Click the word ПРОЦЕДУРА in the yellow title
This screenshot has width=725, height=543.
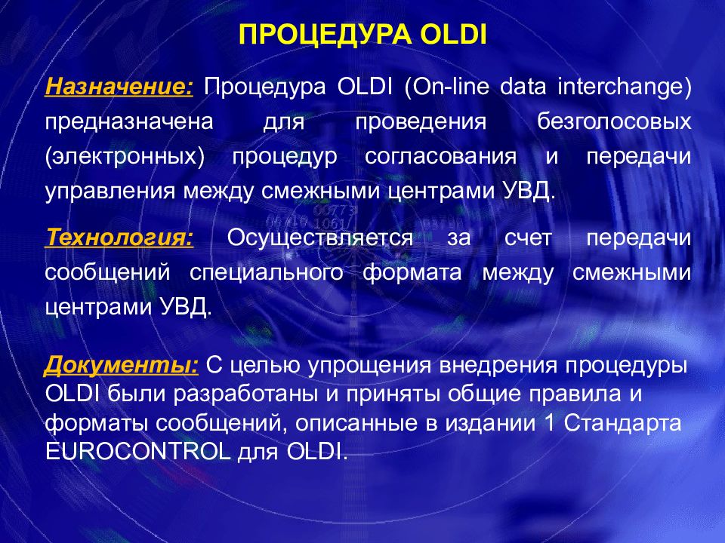pyautogui.click(x=325, y=35)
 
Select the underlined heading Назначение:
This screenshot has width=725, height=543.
pyautogui.click(x=119, y=86)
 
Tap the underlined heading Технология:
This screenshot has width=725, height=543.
pyautogui.click(x=119, y=238)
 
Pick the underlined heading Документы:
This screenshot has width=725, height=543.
pyautogui.click(x=122, y=365)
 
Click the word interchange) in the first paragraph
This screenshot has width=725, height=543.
pyautogui.click(x=625, y=87)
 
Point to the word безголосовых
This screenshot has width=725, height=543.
pyautogui.click(x=614, y=121)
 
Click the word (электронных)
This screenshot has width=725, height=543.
pyautogui.click(x=125, y=157)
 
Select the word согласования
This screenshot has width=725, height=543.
pyautogui.click(x=440, y=157)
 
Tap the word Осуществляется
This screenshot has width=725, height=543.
pyautogui.click(x=320, y=238)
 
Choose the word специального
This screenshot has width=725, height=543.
pyautogui.click(x=267, y=272)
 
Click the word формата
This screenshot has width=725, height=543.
pyautogui.click(x=412, y=272)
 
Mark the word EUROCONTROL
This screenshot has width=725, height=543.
pyautogui.click(x=137, y=451)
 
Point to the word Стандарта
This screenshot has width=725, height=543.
pyautogui.click(x=622, y=423)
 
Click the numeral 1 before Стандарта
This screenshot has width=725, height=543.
pyautogui.click(x=549, y=423)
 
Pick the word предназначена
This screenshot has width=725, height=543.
pyautogui.click(x=129, y=122)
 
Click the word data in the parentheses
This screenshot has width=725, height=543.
pyautogui.click(x=523, y=87)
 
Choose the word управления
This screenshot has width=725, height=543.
pyautogui.click(x=110, y=192)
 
